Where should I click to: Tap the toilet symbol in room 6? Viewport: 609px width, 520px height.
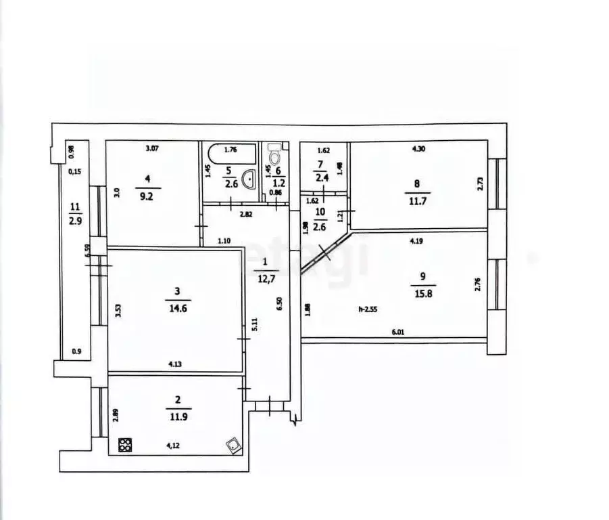(x=274, y=155)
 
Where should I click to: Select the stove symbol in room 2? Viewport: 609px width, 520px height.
(x=126, y=445)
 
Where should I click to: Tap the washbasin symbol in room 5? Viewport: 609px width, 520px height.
(x=249, y=181)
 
